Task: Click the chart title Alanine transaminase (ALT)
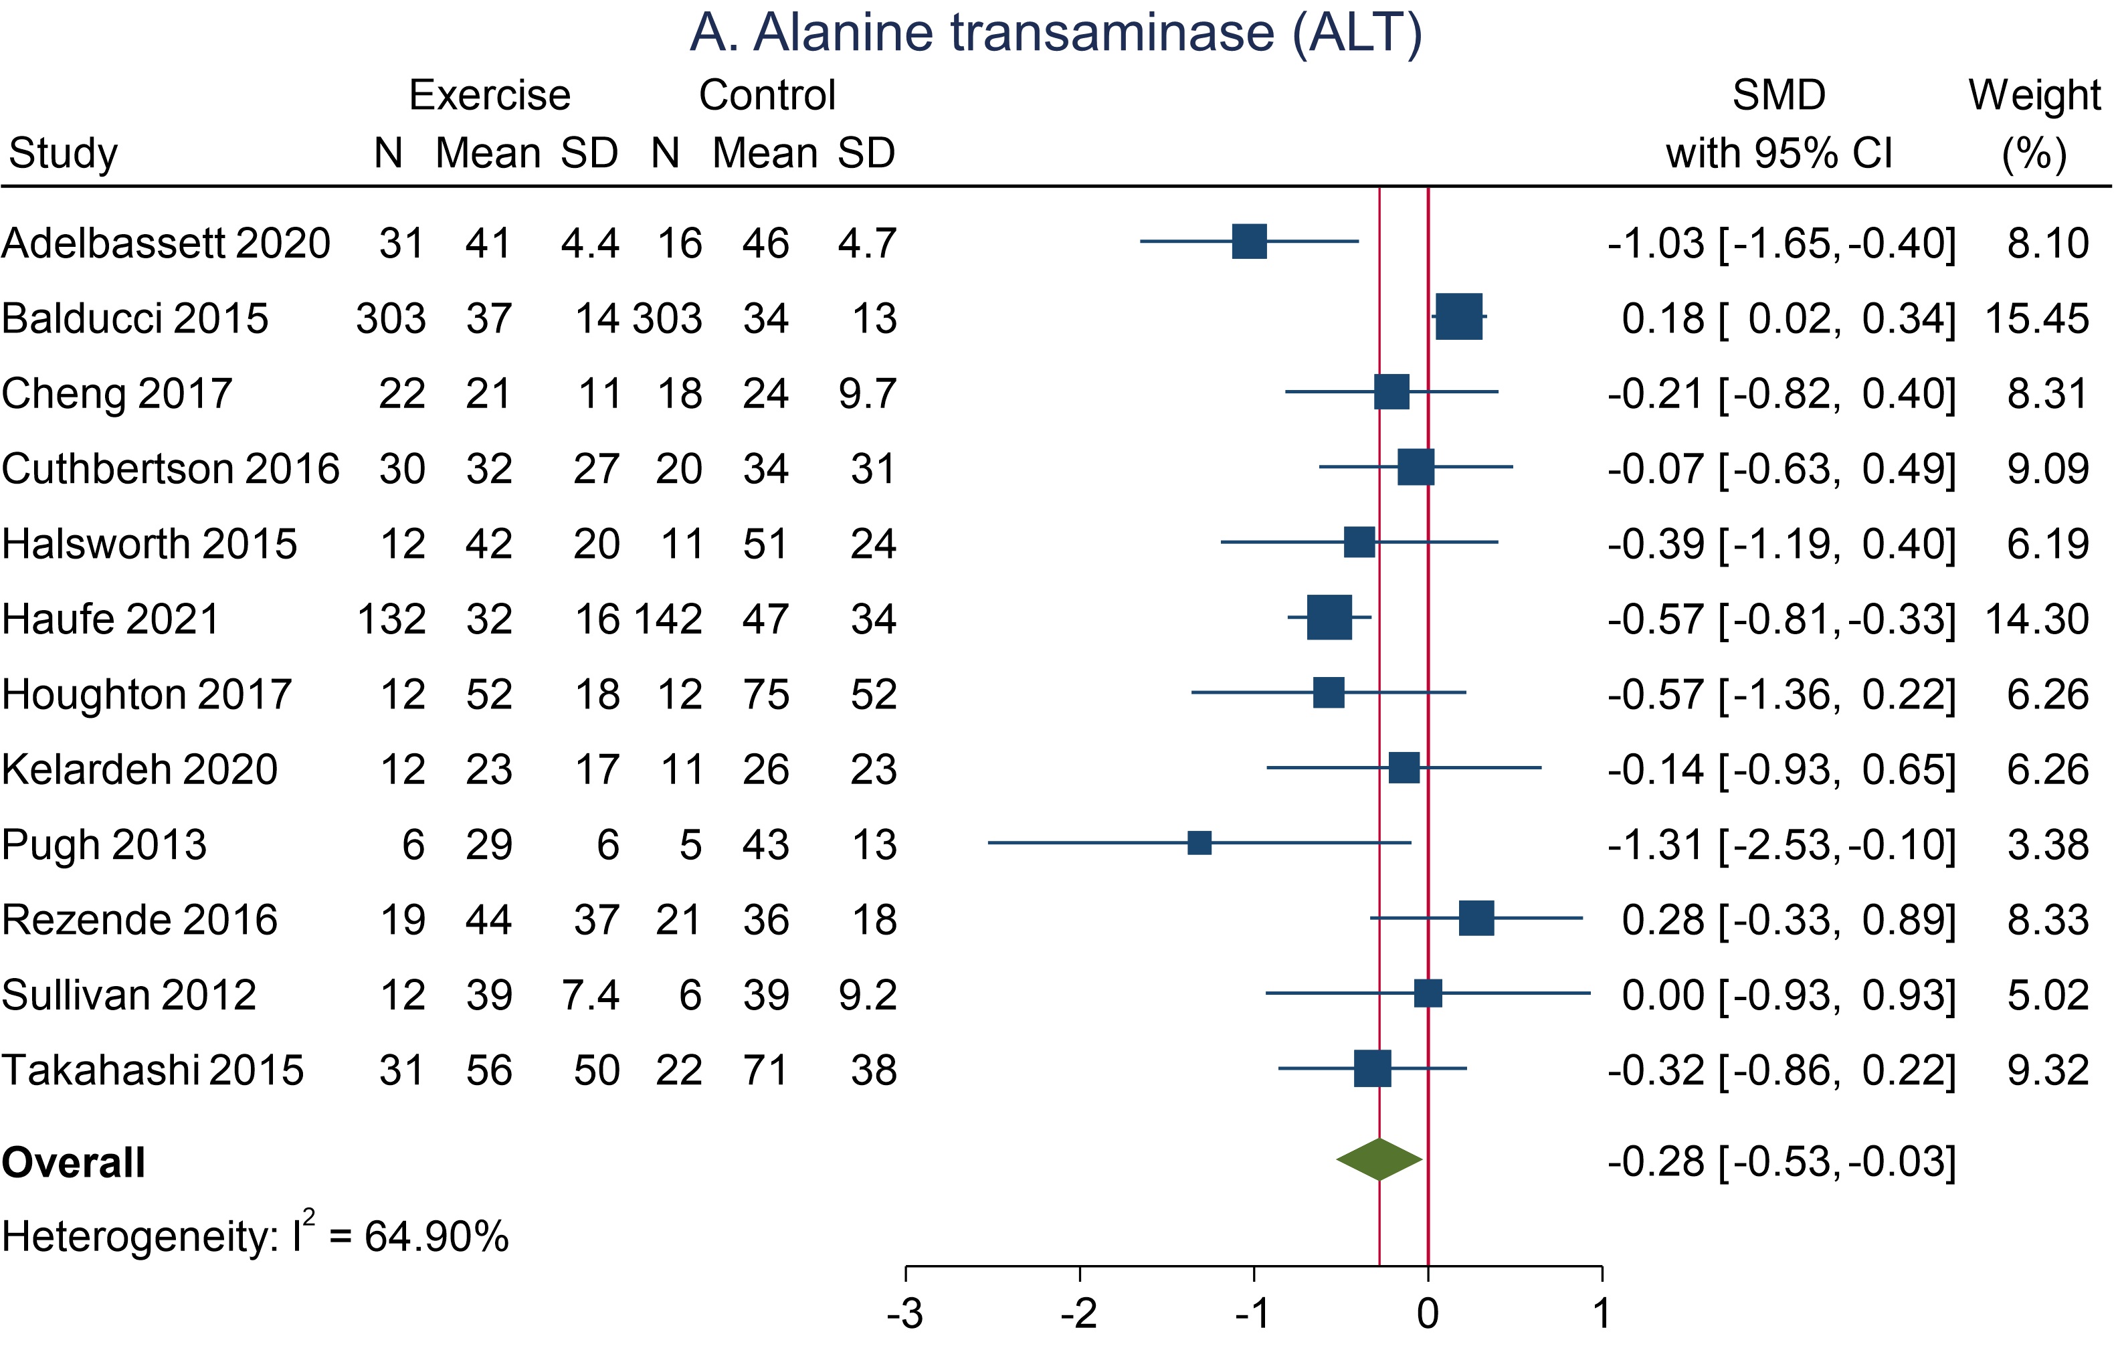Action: pos(1056,33)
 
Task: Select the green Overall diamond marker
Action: pos(1379,1159)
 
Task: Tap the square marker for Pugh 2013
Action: pos(1199,843)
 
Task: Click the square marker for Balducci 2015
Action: pos(1458,316)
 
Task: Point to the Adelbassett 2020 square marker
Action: pos(1249,241)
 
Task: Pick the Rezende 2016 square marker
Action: pos(1476,919)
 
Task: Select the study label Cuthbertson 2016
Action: pos(171,468)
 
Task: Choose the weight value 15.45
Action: pos(2036,318)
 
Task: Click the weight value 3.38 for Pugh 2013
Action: pos(2048,844)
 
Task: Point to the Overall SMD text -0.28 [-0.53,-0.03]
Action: pos(1781,1161)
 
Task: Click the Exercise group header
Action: pos(490,95)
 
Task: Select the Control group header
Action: pos(767,95)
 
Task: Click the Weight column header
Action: pos(2034,95)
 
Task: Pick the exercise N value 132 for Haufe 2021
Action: pos(391,619)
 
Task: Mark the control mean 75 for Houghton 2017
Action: pos(765,695)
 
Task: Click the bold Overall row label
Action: pos(74,1163)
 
